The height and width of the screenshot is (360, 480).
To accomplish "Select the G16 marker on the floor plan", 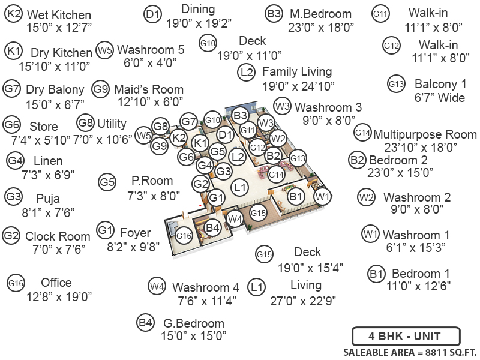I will [184, 236].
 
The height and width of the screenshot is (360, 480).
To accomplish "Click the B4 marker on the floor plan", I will [212, 227].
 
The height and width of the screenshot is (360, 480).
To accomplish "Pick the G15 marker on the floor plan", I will [258, 212].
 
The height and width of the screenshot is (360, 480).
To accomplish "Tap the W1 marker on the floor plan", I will [323, 196].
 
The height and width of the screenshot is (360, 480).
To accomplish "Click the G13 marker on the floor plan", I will [298, 158].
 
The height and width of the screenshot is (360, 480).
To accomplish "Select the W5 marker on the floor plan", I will [143, 136].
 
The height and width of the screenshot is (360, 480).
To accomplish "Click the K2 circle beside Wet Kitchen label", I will [14, 15].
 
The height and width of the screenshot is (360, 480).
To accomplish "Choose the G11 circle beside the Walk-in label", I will [381, 13].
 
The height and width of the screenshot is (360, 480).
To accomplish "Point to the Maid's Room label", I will [149, 89].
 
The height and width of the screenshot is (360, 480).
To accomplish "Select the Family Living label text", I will [297, 72].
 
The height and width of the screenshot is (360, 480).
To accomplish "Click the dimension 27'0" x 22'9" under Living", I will [305, 299].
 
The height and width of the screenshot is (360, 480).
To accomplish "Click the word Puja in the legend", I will [48, 199].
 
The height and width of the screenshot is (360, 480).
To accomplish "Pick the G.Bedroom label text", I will [193, 323].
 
